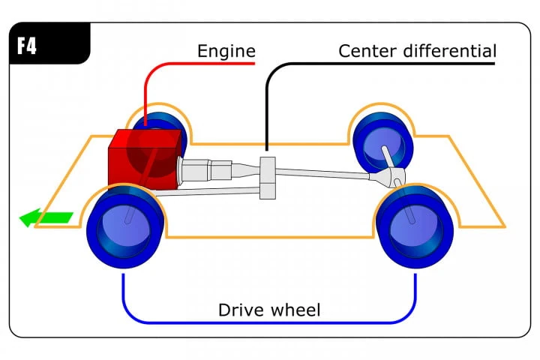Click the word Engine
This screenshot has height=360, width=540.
226,52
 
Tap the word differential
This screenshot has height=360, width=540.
454,52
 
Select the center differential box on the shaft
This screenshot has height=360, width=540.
268,177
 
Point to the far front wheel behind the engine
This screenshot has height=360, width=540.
161,124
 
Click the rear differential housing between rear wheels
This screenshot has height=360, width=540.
391,178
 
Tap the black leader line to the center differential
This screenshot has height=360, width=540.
266,105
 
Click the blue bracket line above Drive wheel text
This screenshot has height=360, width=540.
270,323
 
